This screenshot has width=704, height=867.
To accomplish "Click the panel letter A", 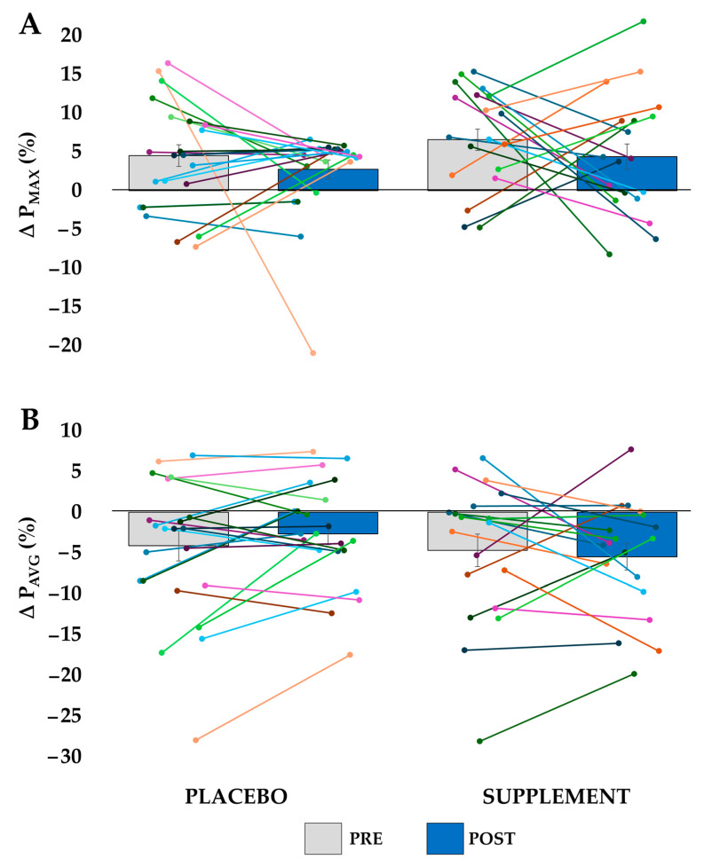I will pos(30,25).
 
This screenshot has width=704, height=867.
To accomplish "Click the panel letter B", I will pos(30,421).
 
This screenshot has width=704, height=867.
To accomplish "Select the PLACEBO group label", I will pos(236,796).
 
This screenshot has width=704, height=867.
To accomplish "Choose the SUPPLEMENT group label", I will pos(557,796).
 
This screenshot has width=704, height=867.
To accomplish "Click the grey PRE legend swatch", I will pos(329,838).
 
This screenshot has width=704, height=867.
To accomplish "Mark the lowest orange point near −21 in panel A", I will pos(312,353).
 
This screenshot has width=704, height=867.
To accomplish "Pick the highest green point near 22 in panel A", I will pos(643,21).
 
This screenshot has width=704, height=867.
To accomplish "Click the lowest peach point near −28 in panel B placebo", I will pos(195,740).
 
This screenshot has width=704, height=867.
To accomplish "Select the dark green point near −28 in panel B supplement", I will pos(480,741).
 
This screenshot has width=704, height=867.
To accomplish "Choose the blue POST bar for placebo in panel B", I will pos(328,523).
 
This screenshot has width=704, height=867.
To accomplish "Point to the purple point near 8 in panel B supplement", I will pos(630,450).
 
